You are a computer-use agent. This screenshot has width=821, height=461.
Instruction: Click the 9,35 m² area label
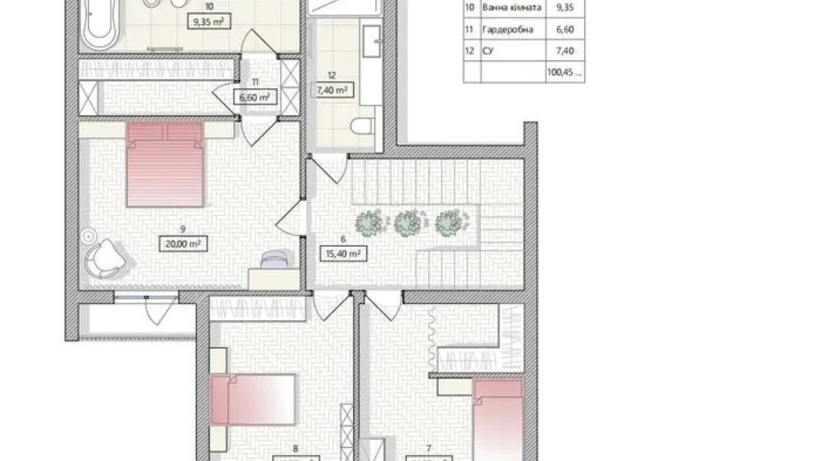tap(209, 21)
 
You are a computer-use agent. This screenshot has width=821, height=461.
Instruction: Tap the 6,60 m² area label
tap(255, 97)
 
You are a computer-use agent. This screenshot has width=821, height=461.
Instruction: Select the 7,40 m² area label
tap(332, 90)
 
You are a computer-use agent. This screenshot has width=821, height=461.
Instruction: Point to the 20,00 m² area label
tap(183, 244)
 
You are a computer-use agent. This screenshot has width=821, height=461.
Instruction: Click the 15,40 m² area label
tap(343, 254)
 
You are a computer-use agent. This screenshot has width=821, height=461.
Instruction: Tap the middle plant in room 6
tap(407, 223)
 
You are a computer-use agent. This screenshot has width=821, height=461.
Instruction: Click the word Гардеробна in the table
tap(507, 30)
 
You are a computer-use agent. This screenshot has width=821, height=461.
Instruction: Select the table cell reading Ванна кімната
tap(512, 8)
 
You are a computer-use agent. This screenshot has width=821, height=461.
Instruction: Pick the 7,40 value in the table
tap(564, 51)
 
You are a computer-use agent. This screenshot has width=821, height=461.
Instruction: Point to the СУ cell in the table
tap(488, 51)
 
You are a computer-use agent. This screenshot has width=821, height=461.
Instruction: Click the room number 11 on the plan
tap(255, 82)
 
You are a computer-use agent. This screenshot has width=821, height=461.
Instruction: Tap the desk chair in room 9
tap(274, 260)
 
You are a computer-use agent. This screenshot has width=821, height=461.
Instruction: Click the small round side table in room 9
tap(88, 236)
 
